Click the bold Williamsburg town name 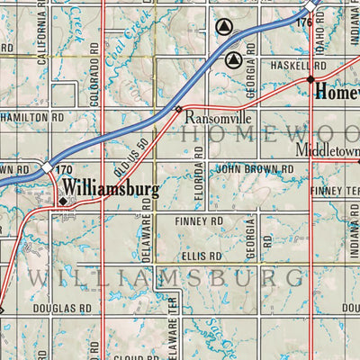click(110, 189)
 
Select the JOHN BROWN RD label click(255, 168)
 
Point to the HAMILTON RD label click(31, 117)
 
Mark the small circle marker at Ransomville click(178, 110)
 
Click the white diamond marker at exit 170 click(47, 167)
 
